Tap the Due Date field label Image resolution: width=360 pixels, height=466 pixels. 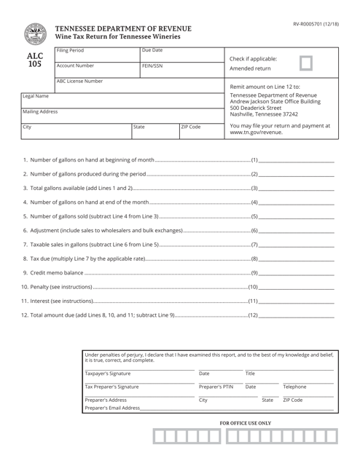point(152,51)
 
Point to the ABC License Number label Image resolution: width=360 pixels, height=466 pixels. point(79,82)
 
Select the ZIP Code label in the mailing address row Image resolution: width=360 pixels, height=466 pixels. point(191,126)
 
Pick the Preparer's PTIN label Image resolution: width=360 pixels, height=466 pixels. point(216,387)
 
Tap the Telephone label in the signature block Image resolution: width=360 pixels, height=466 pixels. point(294,387)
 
